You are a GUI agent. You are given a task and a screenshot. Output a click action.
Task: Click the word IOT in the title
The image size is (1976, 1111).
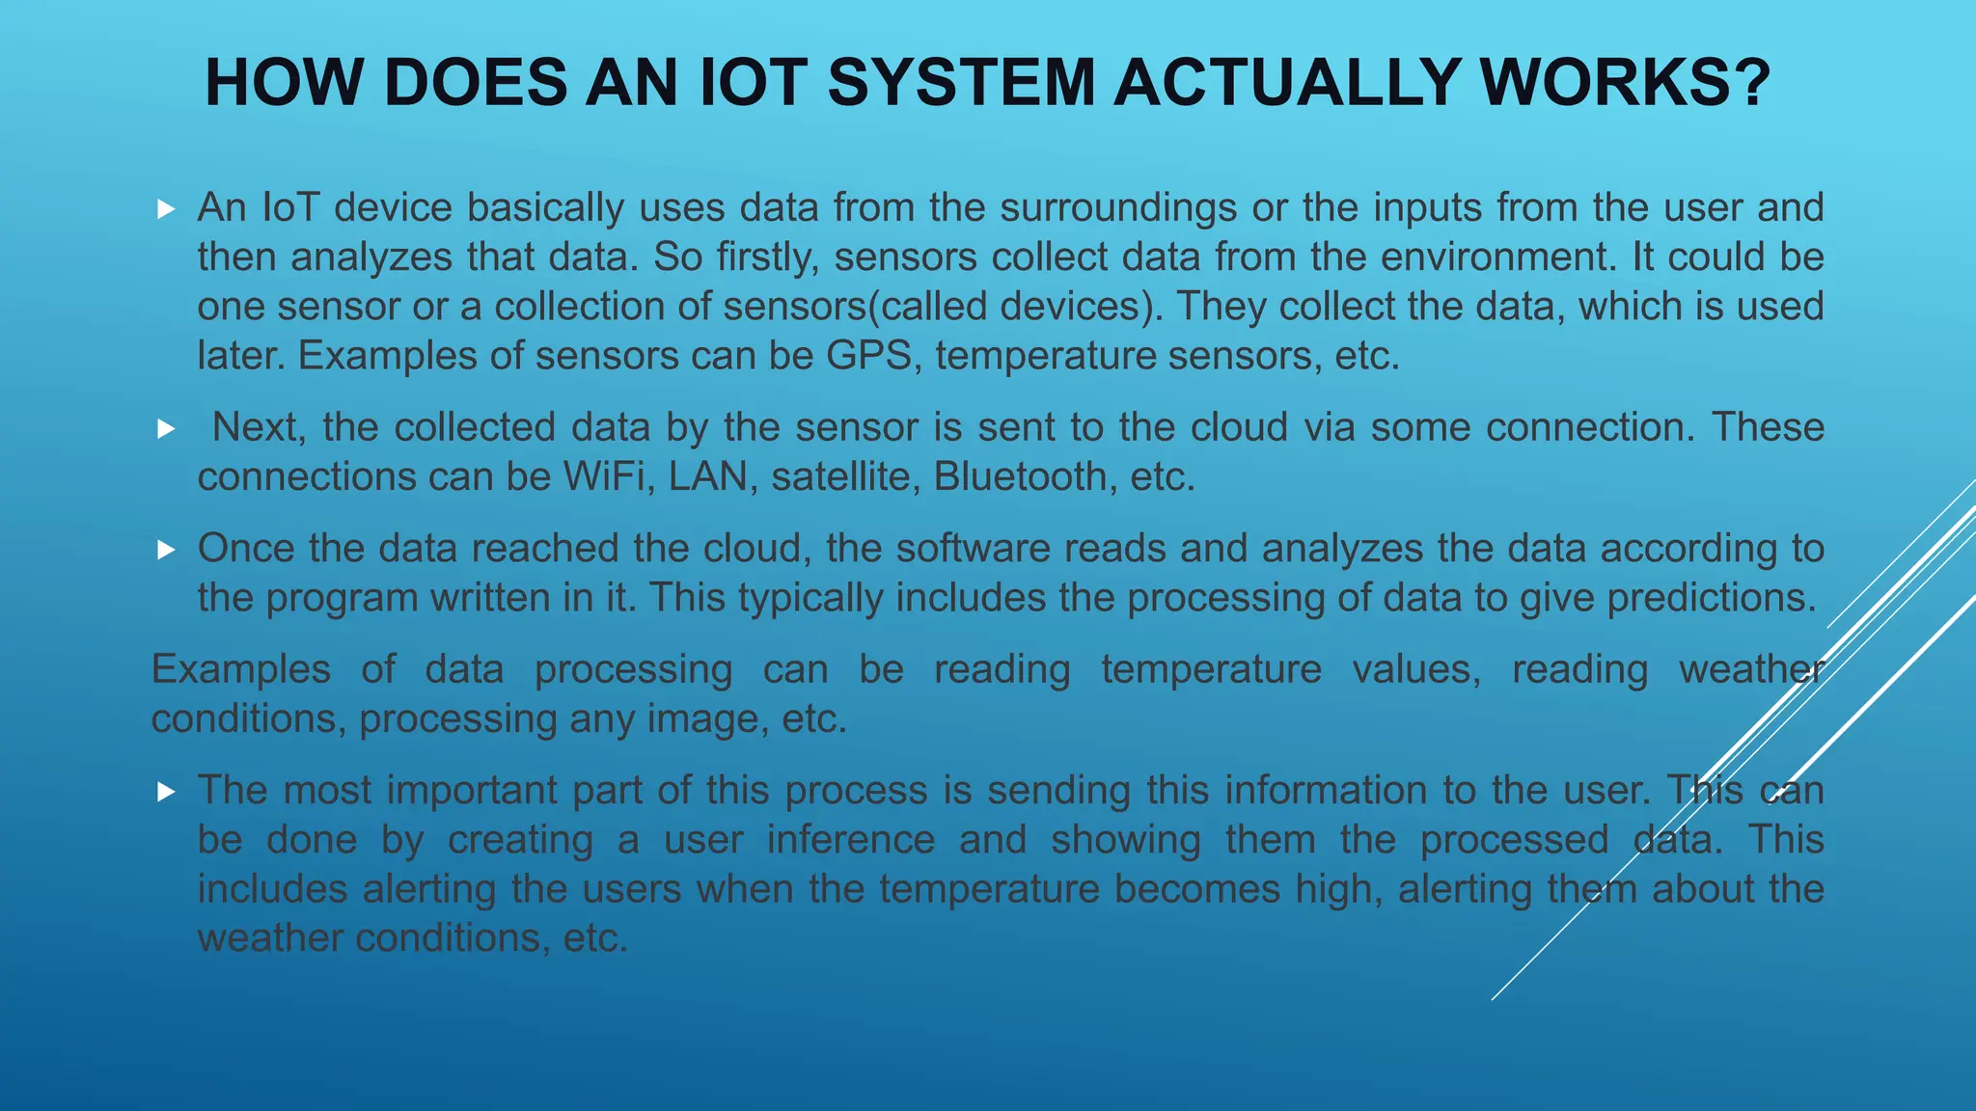click(x=753, y=83)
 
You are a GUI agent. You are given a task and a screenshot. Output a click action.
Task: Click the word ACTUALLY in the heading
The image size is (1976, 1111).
click(x=1286, y=83)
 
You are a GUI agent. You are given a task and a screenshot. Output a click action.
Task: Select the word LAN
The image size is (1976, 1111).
click(x=708, y=476)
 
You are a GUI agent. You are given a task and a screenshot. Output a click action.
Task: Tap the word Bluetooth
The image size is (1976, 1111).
click(x=1020, y=476)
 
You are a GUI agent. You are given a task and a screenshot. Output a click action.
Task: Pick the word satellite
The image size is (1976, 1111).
click(x=841, y=476)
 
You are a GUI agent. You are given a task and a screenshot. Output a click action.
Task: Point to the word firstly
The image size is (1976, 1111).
click(x=768, y=257)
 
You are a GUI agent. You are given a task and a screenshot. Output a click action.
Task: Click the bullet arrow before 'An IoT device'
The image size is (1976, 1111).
click(x=166, y=208)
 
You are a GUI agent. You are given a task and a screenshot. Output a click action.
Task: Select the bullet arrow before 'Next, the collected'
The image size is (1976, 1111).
click(x=166, y=428)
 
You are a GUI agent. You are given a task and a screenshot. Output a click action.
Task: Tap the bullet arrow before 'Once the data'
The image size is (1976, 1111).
click(x=166, y=550)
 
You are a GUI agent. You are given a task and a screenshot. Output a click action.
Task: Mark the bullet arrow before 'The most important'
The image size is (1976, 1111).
click(x=166, y=792)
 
